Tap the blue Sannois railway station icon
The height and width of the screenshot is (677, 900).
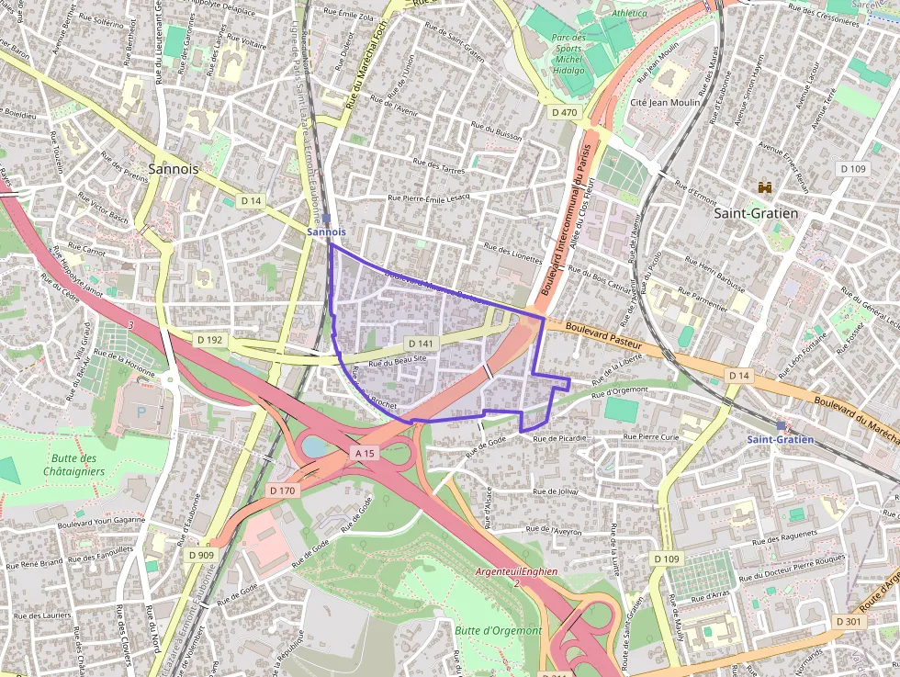coord(326,220)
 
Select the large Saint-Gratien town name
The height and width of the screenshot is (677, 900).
coord(755,212)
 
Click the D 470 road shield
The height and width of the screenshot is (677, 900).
coord(565,112)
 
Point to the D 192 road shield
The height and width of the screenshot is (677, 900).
coord(210,339)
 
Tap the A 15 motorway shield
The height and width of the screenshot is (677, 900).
coord(365,453)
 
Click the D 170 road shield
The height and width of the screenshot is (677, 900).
coord(282,491)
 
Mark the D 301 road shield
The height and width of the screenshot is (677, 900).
coord(849,622)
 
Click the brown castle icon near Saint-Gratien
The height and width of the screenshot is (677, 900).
coord(764,187)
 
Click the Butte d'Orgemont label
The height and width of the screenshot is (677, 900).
coord(497,630)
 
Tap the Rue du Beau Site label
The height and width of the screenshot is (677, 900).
coord(398,361)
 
